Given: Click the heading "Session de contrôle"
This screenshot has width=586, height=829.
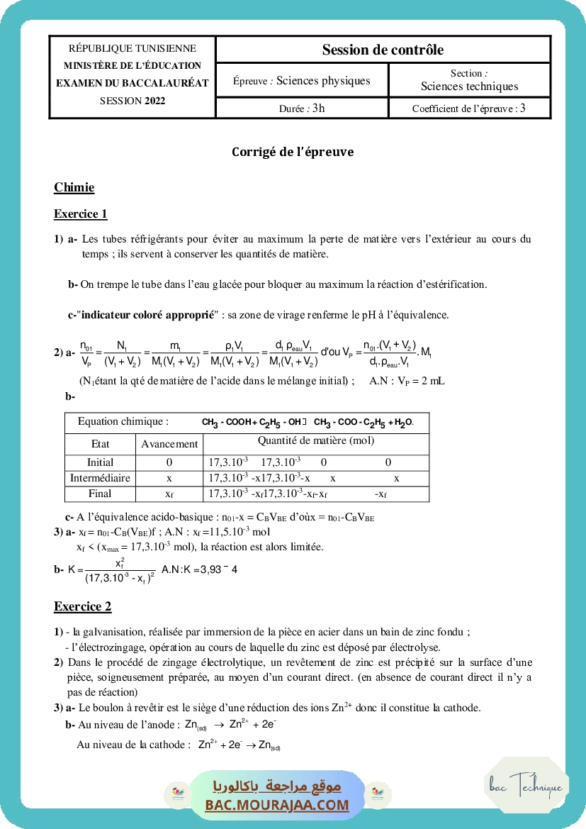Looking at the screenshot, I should point(383,50).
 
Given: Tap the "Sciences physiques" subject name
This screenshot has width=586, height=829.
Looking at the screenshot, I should point(323,81).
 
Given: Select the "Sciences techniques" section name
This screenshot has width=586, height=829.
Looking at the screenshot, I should point(469,87).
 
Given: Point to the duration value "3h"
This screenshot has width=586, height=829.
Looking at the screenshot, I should point(319,109).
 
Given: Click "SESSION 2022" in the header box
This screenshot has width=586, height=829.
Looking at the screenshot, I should point(133,101).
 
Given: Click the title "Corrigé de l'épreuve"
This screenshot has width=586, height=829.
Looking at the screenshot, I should point(293,152).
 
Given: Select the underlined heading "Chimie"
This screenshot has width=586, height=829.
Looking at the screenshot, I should point(74,188).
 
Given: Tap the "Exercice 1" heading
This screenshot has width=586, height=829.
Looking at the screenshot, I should point(80,213).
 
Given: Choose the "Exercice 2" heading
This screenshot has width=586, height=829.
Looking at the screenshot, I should point(82,606).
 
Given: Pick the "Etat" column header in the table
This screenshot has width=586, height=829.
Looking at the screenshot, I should point(101,444).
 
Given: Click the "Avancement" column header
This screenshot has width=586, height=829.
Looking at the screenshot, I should point(169,444).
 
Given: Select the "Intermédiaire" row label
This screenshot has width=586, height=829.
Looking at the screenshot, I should point(100,478).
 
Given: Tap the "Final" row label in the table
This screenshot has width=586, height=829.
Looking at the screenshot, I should point(100,494).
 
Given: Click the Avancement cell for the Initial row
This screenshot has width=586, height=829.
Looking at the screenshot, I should point(169,462).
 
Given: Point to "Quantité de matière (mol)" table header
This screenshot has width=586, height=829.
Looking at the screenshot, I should point(316,440).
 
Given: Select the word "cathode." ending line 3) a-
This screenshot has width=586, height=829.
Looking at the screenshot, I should point(461,707).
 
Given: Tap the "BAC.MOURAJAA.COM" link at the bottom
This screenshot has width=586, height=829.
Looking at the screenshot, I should point(277,805).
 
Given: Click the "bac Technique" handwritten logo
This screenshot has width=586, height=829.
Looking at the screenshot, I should point(526,785).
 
